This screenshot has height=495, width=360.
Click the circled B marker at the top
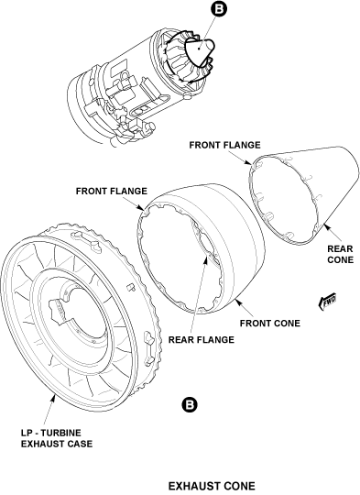(x=218, y=8)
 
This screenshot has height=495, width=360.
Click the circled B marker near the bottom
(x=190, y=405)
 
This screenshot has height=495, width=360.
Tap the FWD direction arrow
(x=328, y=302)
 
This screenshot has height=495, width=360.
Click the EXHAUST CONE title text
(x=212, y=486)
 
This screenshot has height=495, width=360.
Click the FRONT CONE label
(x=269, y=324)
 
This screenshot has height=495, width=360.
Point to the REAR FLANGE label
(x=202, y=340)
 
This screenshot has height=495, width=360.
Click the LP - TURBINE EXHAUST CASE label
(x=57, y=438)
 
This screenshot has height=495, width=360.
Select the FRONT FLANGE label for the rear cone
(x=224, y=145)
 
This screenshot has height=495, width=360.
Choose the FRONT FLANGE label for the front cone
(x=112, y=191)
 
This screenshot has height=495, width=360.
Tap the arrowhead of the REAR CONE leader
(x=325, y=225)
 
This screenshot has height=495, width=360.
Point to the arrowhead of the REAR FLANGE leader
(x=207, y=258)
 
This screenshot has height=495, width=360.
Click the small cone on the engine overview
(x=200, y=52)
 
